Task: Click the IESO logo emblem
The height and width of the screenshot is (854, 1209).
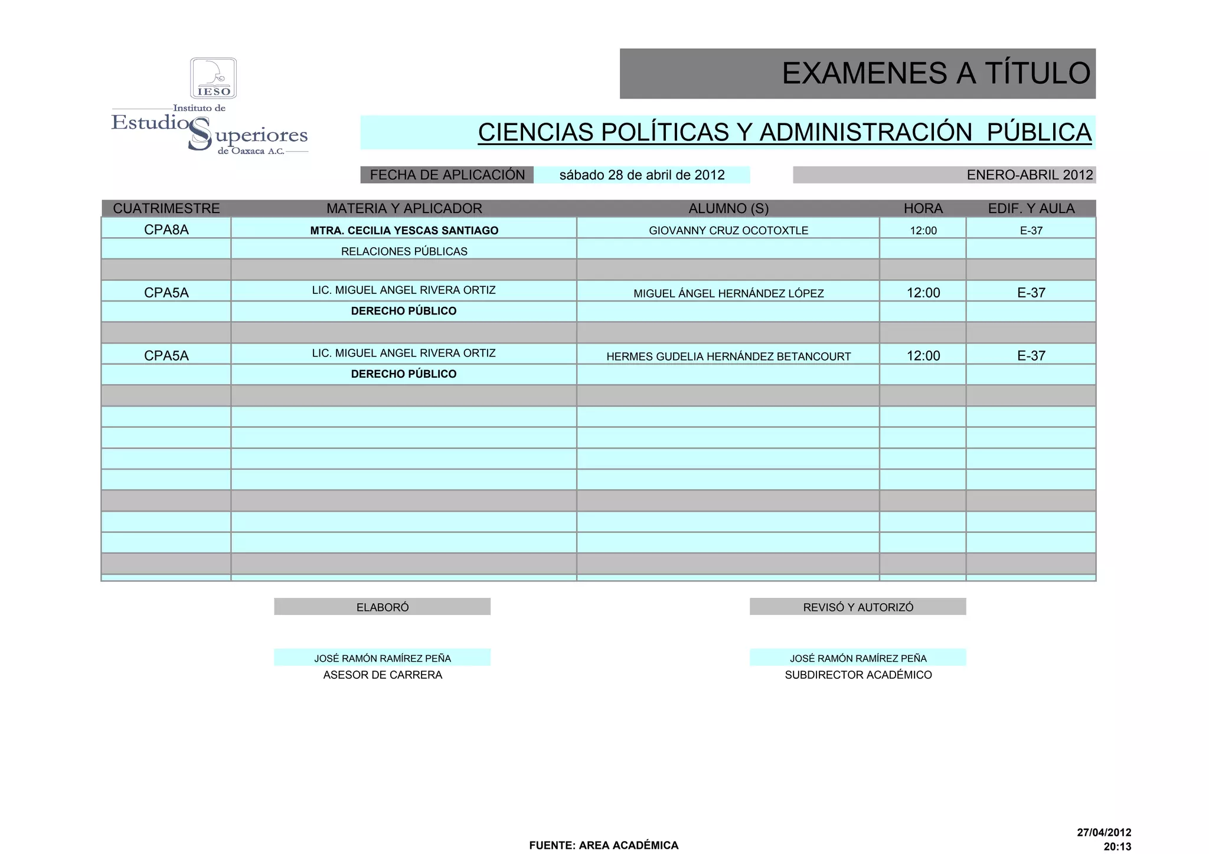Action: (213, 78)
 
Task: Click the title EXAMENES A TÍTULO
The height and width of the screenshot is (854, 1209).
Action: (936, 74)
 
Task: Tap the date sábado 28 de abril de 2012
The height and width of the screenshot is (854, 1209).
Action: (642, 175)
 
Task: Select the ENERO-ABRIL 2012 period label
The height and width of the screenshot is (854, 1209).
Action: (1030, 175)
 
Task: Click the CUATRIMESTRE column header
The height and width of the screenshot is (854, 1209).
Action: (166, 208)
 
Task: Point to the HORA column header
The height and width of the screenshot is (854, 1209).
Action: (923, 208)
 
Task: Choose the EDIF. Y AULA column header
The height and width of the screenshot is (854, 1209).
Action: (1031, 208)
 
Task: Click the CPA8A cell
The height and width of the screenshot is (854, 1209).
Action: (166, 230)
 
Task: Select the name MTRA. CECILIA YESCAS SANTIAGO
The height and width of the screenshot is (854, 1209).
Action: (404, 230)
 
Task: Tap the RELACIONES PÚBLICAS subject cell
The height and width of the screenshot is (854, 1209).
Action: (404, 251)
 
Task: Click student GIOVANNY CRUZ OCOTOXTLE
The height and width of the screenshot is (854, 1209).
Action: (728, 230)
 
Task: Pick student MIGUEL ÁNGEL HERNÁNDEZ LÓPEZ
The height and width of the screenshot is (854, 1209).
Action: (728, 293)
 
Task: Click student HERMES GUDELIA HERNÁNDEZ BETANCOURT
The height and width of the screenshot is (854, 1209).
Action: (728, 356)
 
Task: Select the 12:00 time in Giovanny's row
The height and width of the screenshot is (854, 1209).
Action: (923, 230)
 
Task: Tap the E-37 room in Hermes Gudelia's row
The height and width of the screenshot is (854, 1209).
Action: (1031, 356)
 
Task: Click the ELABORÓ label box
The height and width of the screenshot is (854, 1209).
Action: (382, 607)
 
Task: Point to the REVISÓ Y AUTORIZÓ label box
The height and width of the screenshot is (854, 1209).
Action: (858, 607)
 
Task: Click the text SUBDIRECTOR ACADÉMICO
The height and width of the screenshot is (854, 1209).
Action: (858, 675)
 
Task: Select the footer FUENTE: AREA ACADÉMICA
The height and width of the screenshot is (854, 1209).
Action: (603, 845)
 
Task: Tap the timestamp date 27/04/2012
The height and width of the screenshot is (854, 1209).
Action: (1103, 833)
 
